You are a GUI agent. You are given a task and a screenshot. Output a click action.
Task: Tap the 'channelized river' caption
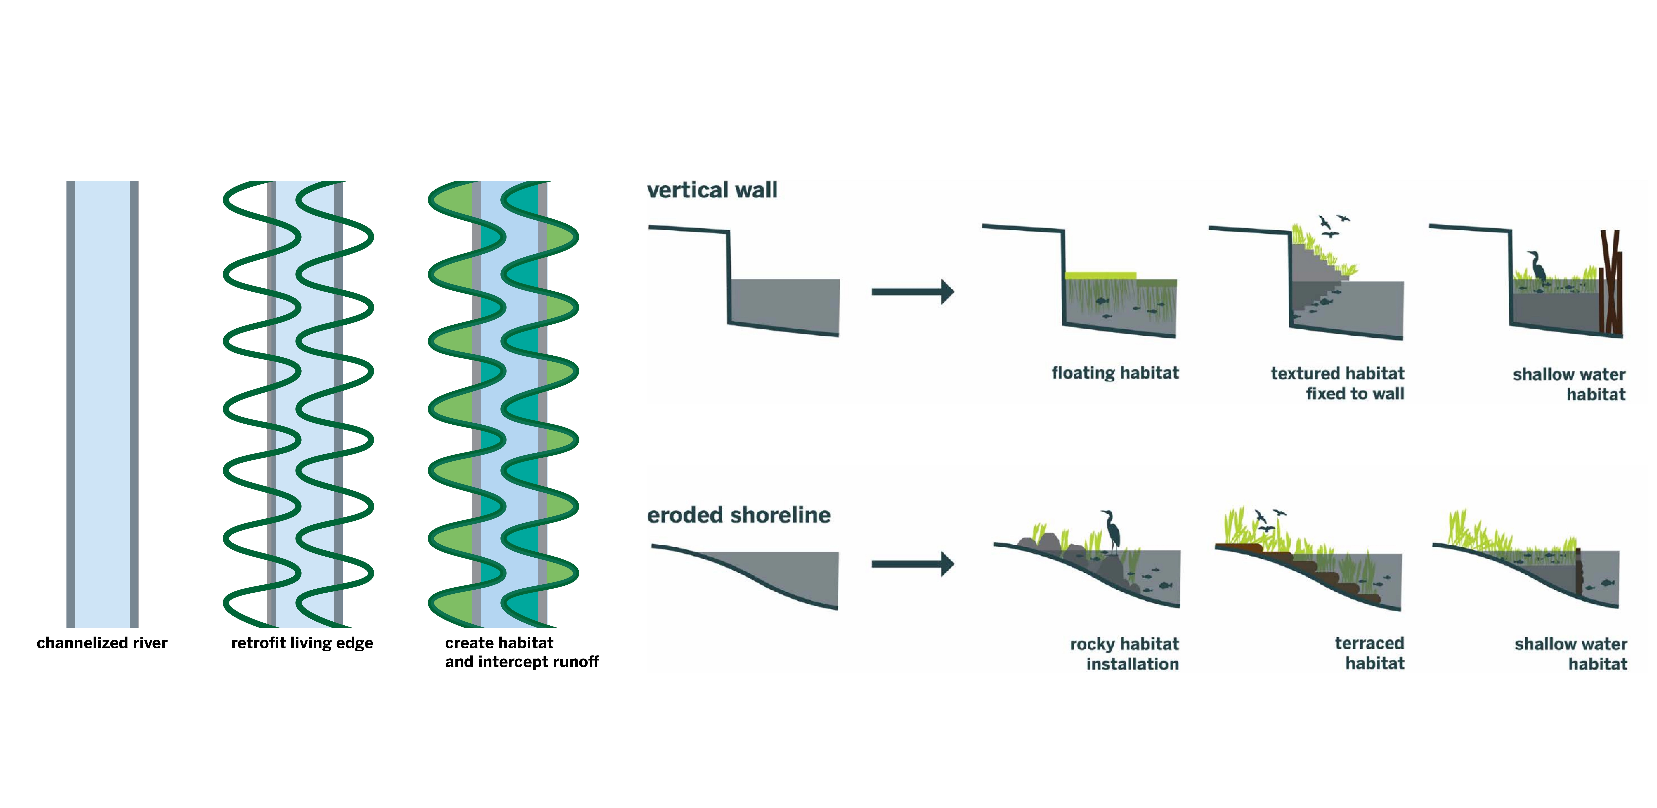tap(102, 643)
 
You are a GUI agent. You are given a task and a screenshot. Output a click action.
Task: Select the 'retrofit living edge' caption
tap(302, 643)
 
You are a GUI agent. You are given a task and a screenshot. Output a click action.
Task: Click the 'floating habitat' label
tap(1115, 373)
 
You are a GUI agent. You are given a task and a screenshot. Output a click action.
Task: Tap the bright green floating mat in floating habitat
tap(1100, 276)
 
